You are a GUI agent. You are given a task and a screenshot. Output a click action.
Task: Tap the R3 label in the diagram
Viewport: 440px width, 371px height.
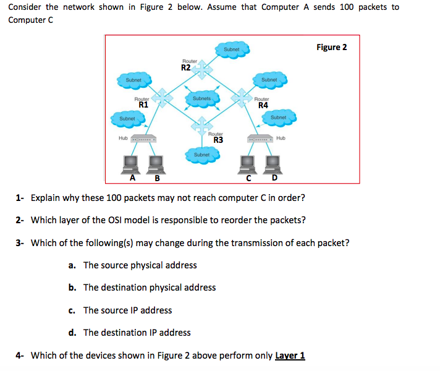(x=218, y=139)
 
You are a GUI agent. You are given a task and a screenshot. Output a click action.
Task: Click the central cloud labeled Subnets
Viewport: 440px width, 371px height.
(x=202, y=98)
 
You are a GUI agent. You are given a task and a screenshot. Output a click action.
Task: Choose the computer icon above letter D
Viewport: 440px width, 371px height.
(x=272, y=164)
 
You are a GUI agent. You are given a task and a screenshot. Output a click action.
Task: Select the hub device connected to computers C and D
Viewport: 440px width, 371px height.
(x=260, y=139)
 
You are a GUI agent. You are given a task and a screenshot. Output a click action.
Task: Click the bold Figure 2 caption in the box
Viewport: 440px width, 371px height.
(x=332, y=48)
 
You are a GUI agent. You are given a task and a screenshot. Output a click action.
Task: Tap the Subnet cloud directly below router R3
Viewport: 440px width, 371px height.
(x=201, y=154)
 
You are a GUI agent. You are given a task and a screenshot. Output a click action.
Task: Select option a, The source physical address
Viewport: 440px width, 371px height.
(x=140, y=265)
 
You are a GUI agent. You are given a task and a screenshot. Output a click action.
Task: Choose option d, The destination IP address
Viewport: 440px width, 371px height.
(x=137, y=333)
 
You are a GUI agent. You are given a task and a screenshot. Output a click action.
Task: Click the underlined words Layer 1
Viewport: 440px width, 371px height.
(x=289, y=356)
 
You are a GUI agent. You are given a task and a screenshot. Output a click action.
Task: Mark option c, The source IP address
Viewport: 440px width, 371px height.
(x=127, y=310)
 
